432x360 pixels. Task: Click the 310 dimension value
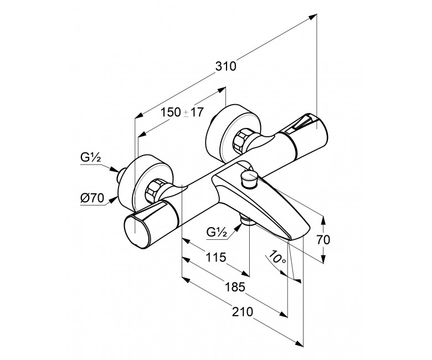click(225, 66)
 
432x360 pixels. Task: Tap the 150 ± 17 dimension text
click(182, 112)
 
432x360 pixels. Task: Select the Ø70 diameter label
click(92, 198)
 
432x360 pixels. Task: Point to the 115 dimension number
click(216, 257)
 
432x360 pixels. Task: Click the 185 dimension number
click(235, 287)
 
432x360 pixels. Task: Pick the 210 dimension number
click(243, 312)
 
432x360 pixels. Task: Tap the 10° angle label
click(277, 257)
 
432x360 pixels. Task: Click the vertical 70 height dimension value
click(323, 240)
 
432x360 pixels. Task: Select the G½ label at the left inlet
click(91, 157)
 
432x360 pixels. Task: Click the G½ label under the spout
click(217, 233)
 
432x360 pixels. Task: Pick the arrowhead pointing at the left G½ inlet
click(114, 169)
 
